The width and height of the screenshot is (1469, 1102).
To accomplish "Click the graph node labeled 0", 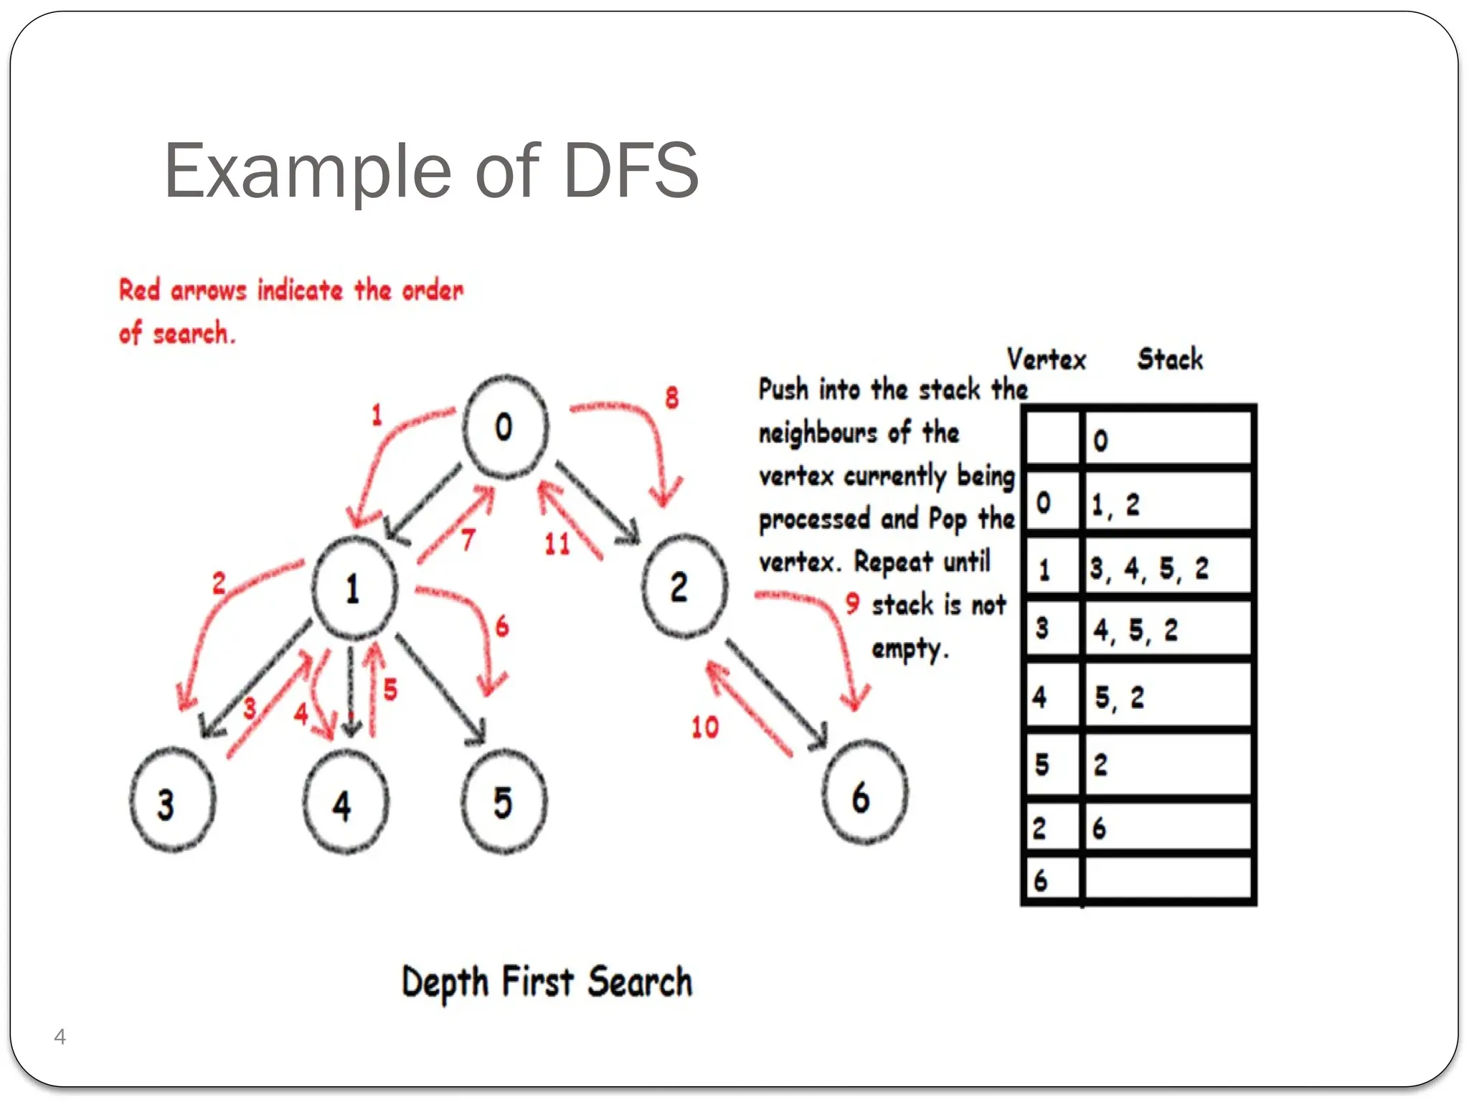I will (x=505, y=427).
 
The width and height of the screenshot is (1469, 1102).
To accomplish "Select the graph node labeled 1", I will (x=354, y=588).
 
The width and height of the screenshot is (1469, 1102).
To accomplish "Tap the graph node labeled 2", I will (x=684, y=587).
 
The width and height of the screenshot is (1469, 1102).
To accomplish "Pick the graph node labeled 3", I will (x=172, y=801).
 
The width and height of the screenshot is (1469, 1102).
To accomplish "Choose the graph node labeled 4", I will (x=346, y=803).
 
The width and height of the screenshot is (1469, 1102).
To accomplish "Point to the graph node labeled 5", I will (x=504, y=801).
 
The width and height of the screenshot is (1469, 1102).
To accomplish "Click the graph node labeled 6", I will (x=864, y=793).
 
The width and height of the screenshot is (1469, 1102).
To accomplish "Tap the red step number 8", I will (x=671, y=397).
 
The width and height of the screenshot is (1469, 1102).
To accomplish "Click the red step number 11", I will (x=557, y=544).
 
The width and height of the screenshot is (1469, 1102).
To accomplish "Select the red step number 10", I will (x=704, y=727).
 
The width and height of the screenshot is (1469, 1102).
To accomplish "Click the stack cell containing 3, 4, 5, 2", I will (x=1167, y=569).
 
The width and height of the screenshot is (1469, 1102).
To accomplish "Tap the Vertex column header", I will (x=1047, y=359).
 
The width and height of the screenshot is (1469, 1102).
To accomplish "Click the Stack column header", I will (x=1170, y=359).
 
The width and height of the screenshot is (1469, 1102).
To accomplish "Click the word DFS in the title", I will (x=630, y=171).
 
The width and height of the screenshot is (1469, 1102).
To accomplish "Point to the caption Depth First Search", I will (x=547, y=982).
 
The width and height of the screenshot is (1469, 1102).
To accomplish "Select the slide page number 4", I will (x=60, y=1037).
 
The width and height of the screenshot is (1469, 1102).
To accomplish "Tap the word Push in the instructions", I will (x=783, y=390).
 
